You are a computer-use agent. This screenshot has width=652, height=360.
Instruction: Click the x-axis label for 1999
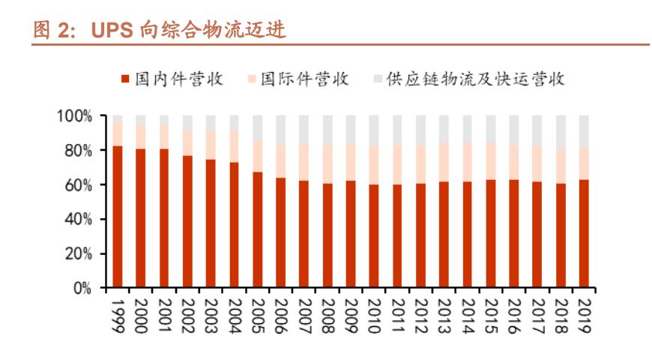click(x=118, y=315)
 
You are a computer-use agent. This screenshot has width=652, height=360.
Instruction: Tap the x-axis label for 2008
click(x=327, y=315)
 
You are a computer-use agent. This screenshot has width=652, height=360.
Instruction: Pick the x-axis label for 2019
click(x=583, y=315)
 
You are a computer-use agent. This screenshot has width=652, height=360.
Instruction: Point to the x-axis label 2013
click(x=444, y=315)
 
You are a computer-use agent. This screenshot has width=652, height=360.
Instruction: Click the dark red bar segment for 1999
click(x=118, y=217)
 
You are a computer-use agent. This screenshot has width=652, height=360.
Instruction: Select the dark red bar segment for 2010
click(x=374, y=236)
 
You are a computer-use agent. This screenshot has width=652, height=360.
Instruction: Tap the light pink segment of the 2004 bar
click(x=235, y=146)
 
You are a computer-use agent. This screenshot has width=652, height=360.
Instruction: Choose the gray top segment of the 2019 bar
click(x=583, y=131)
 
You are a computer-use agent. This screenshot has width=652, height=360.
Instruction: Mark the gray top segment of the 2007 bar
click(x=304, y=130)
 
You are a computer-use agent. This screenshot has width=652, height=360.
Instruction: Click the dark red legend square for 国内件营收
click(x=125, y=79)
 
